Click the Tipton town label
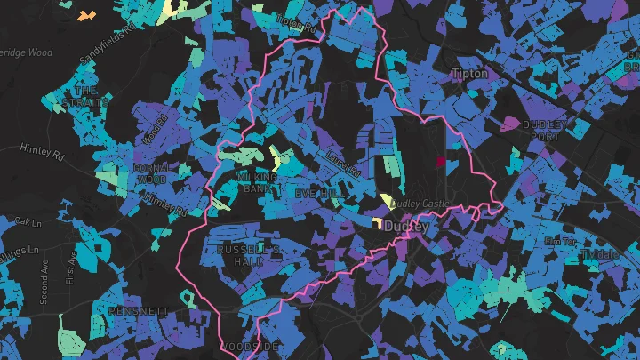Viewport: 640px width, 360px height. pos(469,74)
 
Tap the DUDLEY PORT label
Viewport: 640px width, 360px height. pos(543,131)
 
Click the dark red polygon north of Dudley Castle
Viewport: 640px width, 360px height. pos(440,162)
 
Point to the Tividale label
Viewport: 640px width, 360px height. pos(601,254)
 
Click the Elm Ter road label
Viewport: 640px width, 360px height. pos(560,241)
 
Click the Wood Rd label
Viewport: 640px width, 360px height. pos(154,130)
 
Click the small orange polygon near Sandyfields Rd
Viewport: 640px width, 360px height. pos(85,15)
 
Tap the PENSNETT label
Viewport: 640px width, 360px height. pos(138,310)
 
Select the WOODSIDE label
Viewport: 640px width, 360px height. pos(252,345)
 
